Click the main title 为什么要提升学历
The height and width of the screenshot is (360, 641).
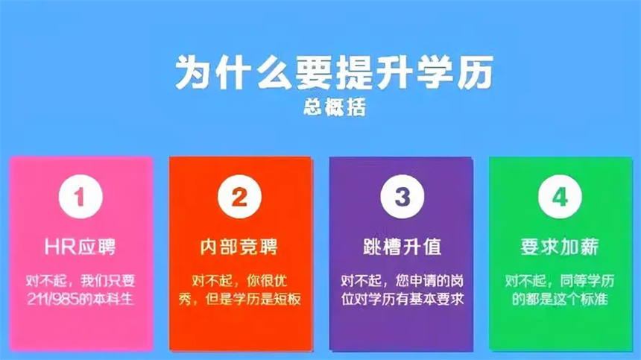pyautogui.click(x=334, y=73)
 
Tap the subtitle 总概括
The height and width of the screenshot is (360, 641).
pyautogui.click(x=335, y=107)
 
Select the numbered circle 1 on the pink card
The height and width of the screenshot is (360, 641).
pyautogui.click(x=80, y=197)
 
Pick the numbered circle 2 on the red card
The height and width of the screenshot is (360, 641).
pyautogui.click(x=239, y=197)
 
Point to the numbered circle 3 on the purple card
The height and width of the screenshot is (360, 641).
pyautogui.click(x=402, y=197)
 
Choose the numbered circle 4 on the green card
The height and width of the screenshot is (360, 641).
pyautogui.click(x=560, y=197)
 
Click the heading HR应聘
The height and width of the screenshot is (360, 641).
pyautogui.click(x=80, y=247)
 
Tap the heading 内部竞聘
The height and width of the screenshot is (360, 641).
pyautogui.click(x=239, y=247)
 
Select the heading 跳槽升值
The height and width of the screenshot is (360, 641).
pyautogui.click(x=402, y=247)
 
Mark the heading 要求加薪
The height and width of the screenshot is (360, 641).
pyautogui.click(x=560, y=247)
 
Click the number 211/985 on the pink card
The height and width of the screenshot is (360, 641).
pyautogui.click(x=52, y=299)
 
